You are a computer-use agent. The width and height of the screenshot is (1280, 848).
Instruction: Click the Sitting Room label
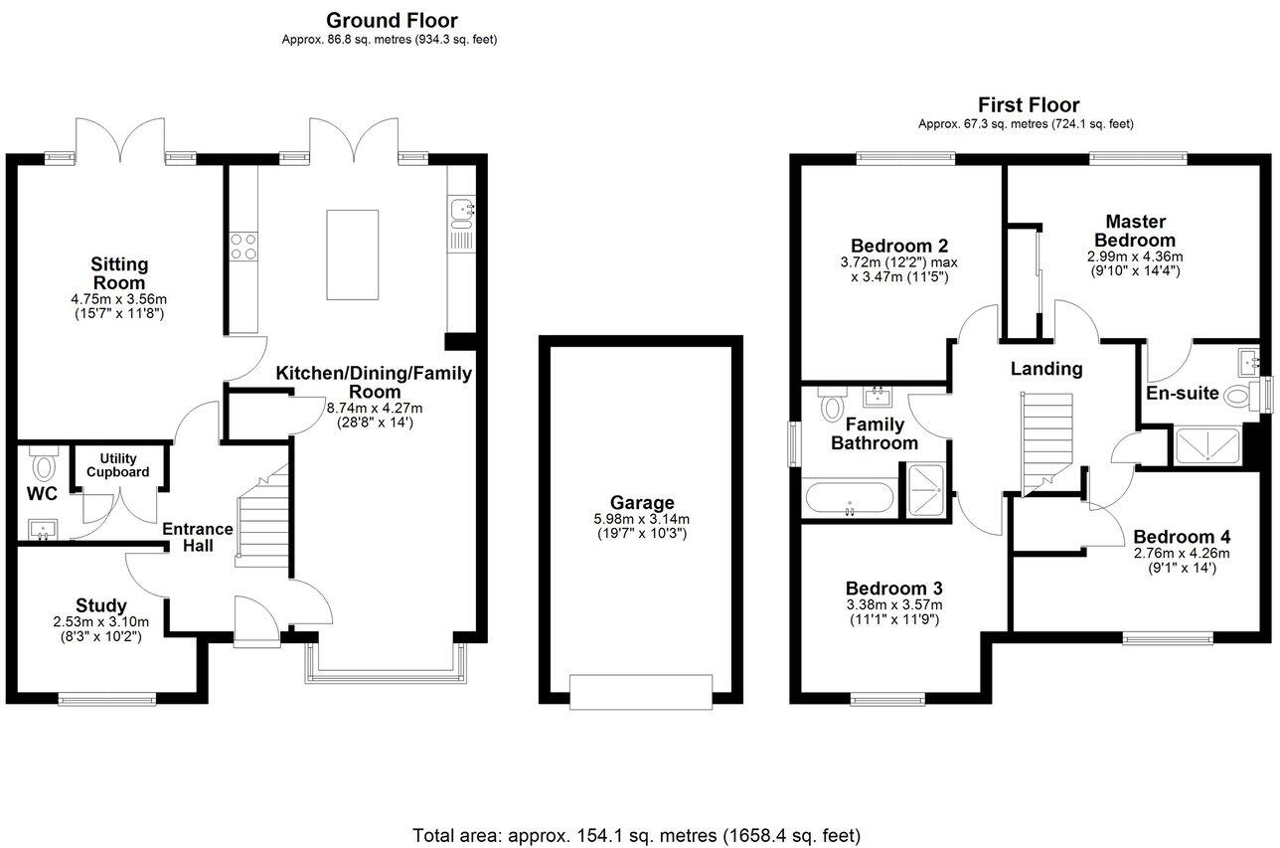coord(119,273)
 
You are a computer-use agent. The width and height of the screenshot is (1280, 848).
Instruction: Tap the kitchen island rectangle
coord(353,254)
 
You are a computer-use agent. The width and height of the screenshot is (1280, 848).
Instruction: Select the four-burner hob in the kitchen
coord(243,246)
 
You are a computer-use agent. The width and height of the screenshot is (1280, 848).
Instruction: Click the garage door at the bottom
coord(641,692)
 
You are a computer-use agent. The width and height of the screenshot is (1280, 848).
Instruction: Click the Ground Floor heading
coord(392,20)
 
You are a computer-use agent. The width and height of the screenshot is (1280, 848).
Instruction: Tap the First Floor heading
coord(1029,104)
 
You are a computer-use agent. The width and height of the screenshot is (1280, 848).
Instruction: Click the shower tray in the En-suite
coord(1207,446)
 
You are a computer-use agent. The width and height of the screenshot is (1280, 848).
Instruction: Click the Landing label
coord(1045,369)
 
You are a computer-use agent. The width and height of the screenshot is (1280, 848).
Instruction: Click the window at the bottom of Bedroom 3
coord(888,699)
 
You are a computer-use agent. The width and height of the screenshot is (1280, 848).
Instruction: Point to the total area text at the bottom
coord(636,835)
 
